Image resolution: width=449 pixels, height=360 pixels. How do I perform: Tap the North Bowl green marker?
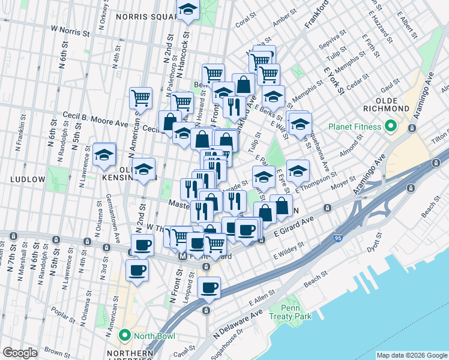pos(125,334)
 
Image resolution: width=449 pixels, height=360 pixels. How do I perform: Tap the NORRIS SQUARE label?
pos(144,17)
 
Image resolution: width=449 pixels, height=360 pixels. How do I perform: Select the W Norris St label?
pos(70,28)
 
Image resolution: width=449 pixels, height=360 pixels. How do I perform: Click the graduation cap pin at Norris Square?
pos(188,10)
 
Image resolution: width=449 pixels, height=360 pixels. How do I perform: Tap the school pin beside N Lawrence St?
pos(104,155)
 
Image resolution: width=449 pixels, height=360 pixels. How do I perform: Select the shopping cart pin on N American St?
pos(140,97)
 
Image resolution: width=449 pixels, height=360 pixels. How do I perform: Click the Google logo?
pos(20,353)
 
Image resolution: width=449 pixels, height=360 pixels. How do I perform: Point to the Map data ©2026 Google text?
pos(411,355)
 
